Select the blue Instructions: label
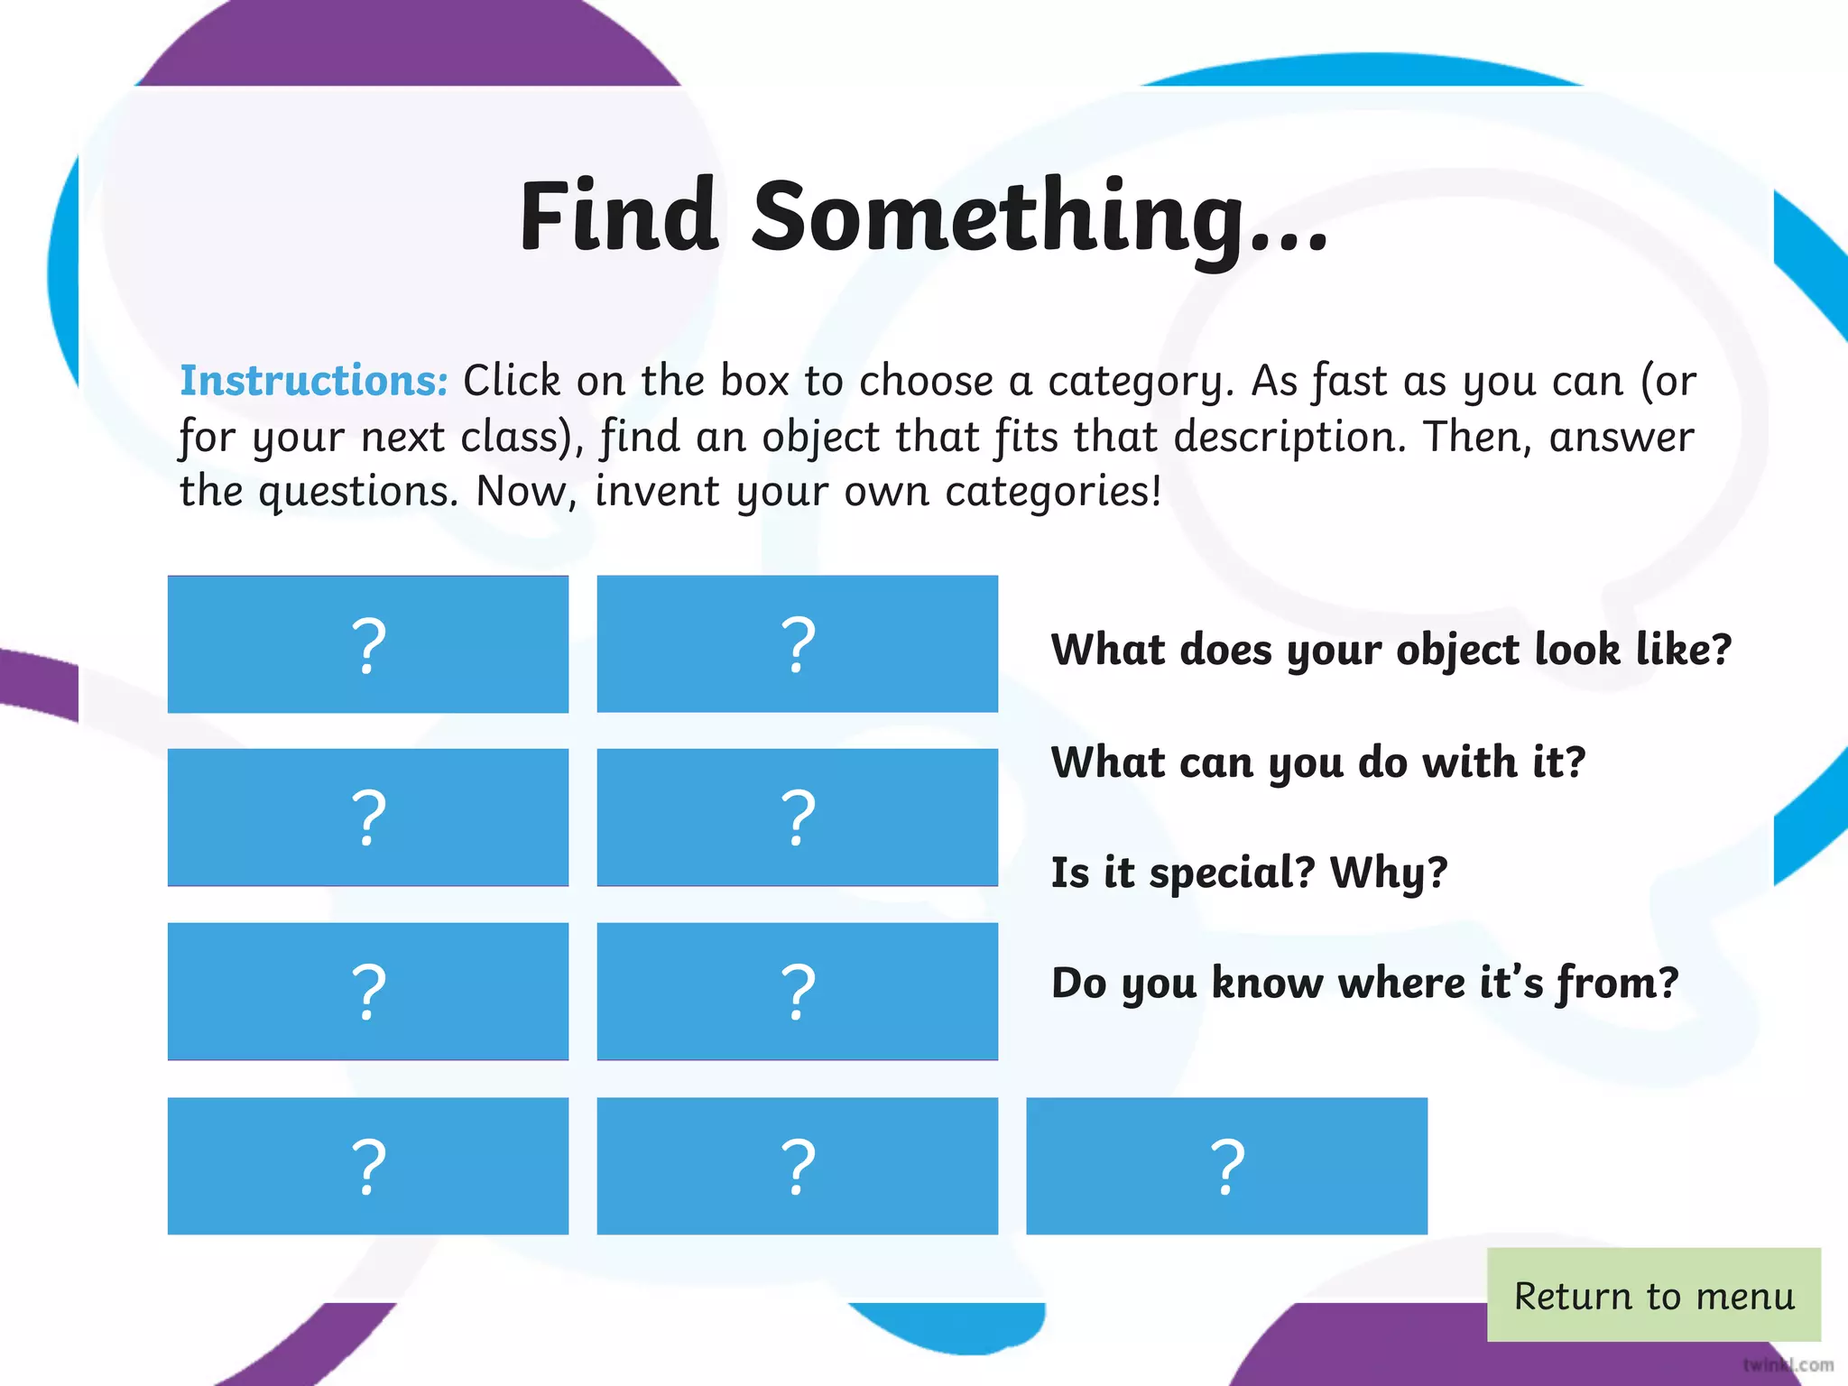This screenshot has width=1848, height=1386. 313,381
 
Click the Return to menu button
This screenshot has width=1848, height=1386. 1653,1296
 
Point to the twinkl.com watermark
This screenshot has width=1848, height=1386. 1788,1364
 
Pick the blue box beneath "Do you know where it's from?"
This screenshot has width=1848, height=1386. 1226,1166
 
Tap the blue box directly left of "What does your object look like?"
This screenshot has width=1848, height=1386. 797,644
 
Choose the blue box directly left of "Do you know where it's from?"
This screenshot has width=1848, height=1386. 797,991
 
